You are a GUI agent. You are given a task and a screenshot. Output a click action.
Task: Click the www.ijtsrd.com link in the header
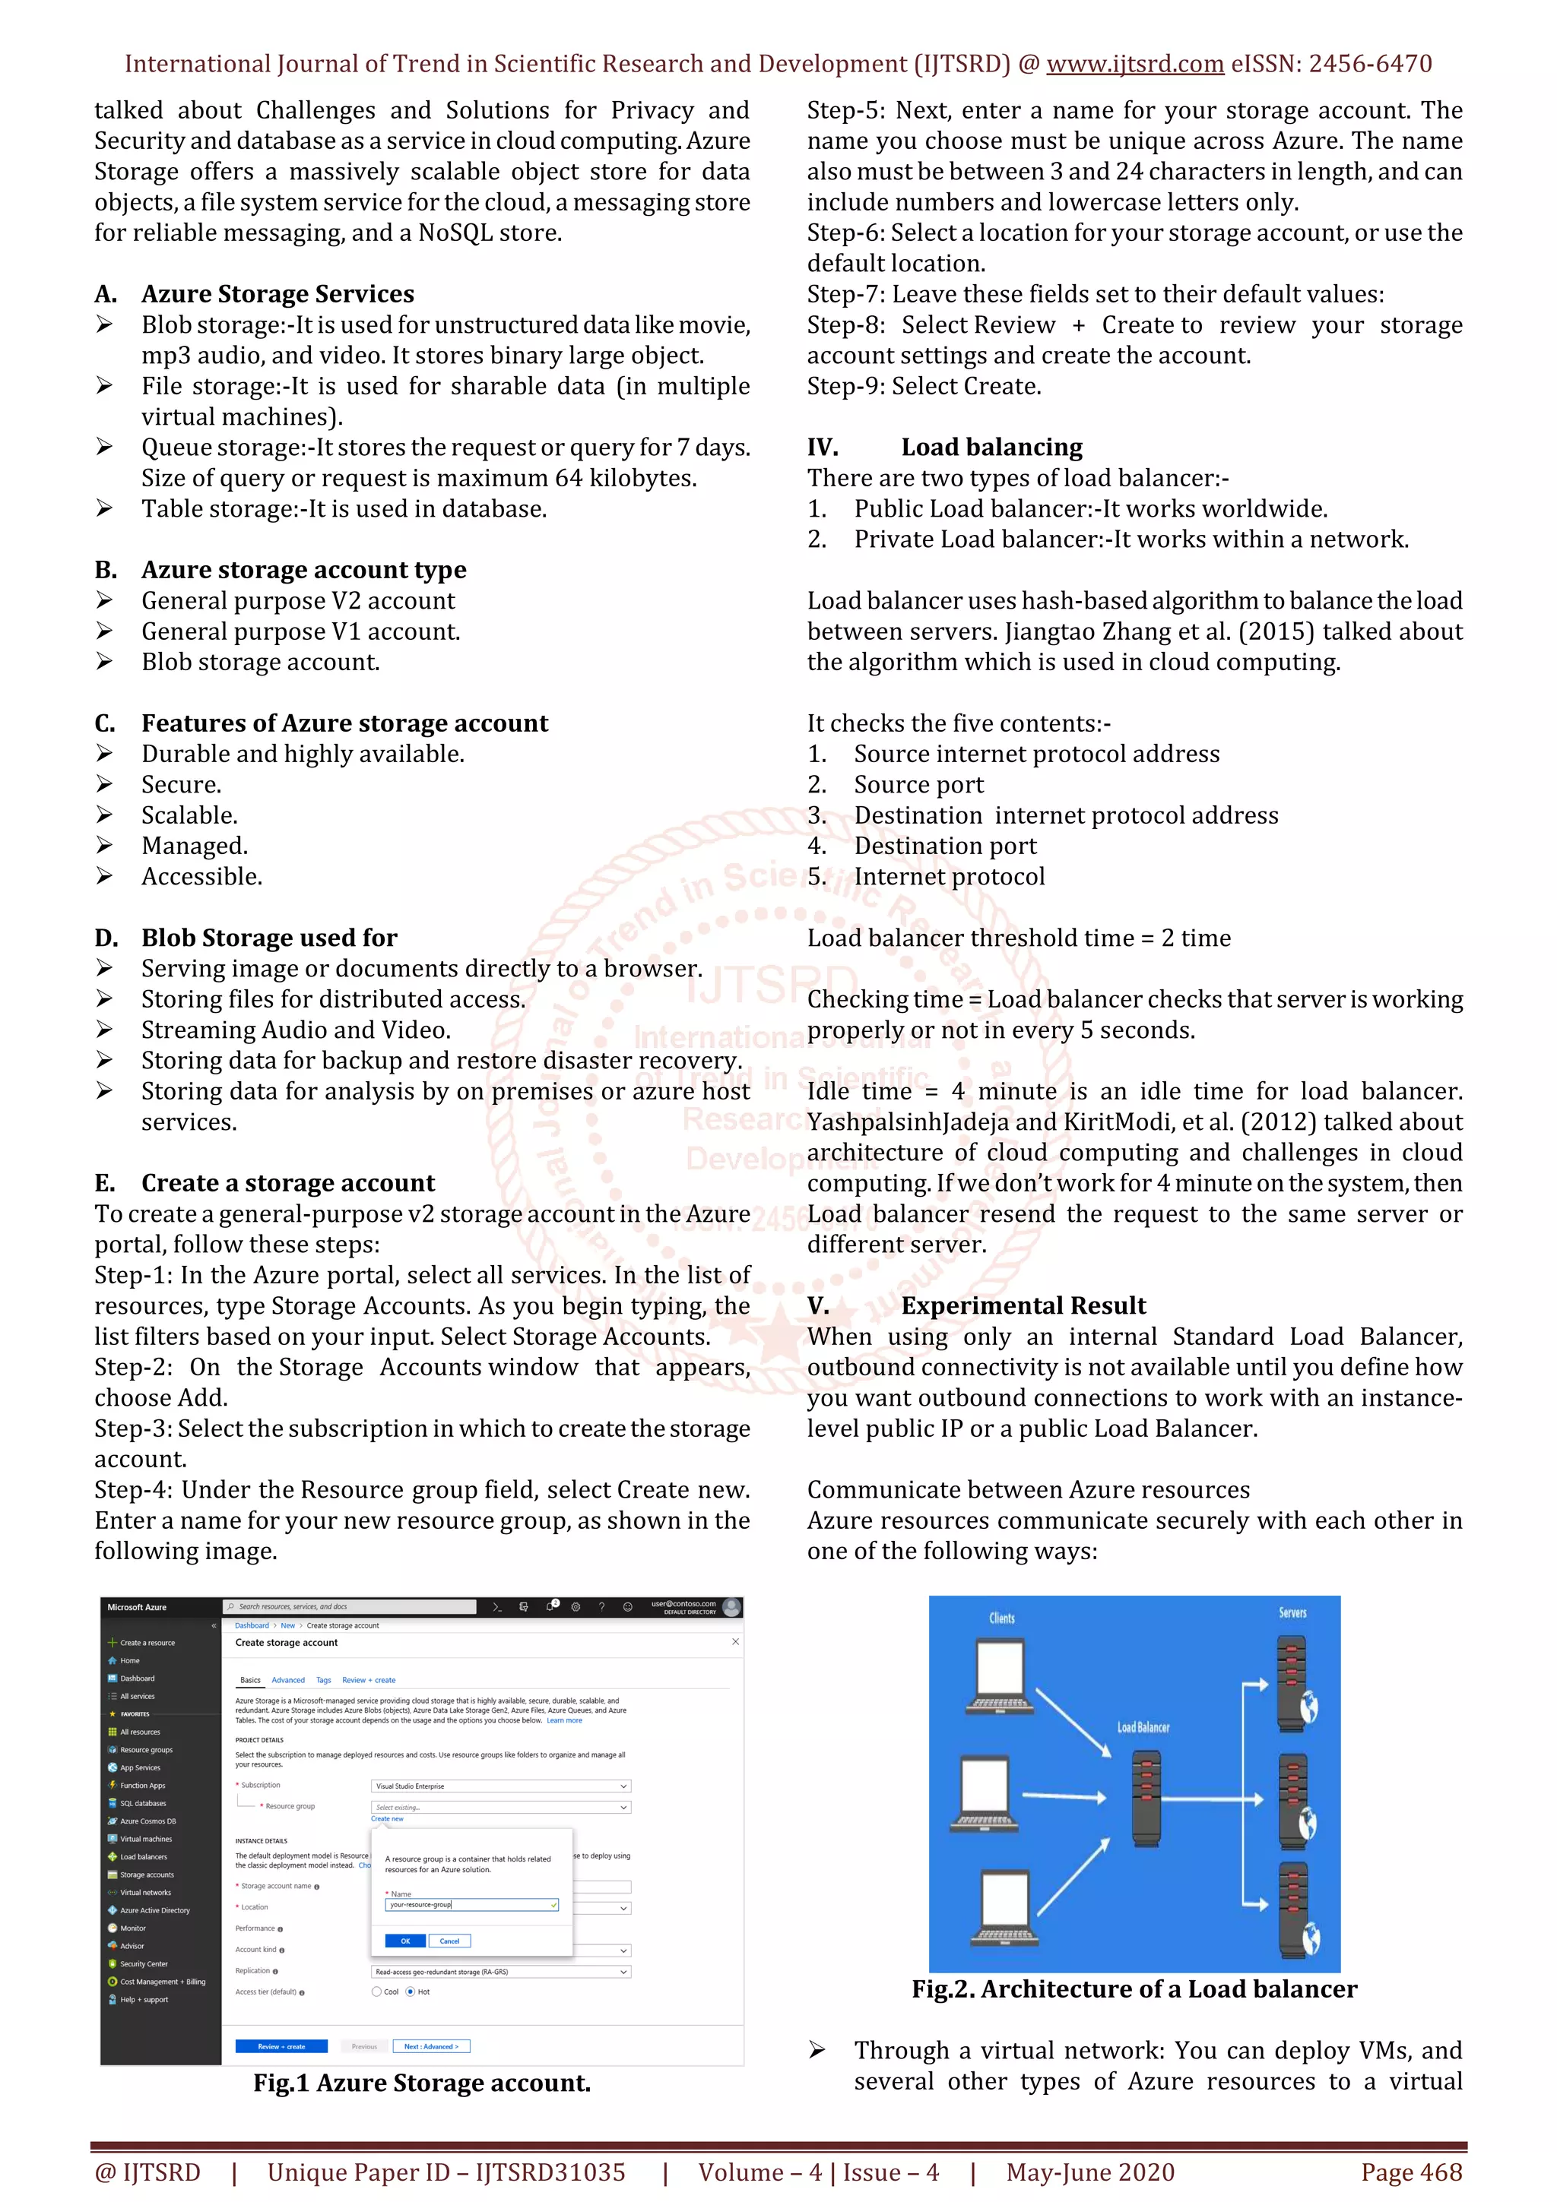click(1134, 65)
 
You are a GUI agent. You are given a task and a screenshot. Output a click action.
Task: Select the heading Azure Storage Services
click(277, 293)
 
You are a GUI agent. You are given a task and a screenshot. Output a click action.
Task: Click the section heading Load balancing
click(991, 447)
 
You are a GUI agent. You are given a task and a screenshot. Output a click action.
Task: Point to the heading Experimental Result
click(1023, 1305)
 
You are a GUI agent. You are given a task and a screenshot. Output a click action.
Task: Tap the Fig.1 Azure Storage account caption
click(422, 2082)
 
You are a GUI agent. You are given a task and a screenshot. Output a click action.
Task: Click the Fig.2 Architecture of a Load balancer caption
click(1134, 1988)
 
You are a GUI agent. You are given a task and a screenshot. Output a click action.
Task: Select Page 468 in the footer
click(1411, 2172)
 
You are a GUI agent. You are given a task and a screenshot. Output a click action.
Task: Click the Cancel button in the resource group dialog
click(449, 1940)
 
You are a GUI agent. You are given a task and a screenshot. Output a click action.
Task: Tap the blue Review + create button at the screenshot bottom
click(281, 2045)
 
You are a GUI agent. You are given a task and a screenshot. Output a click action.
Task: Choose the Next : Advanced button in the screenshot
click(431, 2045)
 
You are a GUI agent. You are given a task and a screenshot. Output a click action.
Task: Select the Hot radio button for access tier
click(411, 1991)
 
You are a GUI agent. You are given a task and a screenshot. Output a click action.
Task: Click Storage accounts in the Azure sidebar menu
click(147, 1874)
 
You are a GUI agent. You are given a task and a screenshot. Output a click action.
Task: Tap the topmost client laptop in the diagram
click(999, 1675)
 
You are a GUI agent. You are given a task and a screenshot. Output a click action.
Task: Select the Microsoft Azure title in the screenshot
click(137, 1606)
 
